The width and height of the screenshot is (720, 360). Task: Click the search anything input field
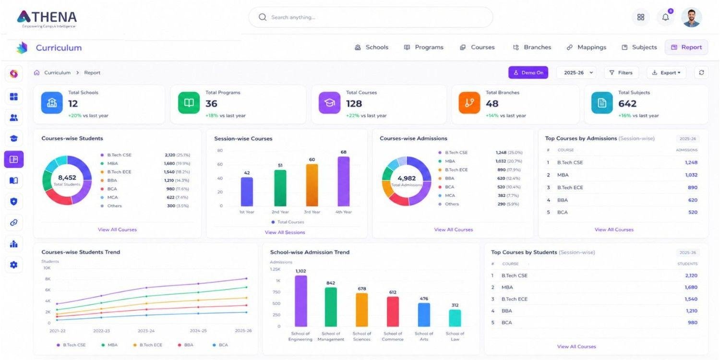pyautogui.click(x=371, y=17)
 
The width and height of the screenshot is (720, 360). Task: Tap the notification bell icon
pyautogui.click(x=665, y=17)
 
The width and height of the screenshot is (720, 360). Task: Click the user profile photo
pyautogui.click(x=691, y=17)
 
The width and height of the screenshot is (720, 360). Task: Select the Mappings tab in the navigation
pyautogui.click(x=586, y=47)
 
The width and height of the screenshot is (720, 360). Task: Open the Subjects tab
pyautogui.click(x=639, y=47)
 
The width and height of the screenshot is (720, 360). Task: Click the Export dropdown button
pyautogui.click(x=666, y=72)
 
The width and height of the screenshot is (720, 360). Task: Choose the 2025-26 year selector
pyautogui.click(x=576, y=72)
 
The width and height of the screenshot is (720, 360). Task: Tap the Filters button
pyautogui.click(x=621, y=72)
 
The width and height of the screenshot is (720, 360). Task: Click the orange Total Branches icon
pyautogui.click(x=469, y=103)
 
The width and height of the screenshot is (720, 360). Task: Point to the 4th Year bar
pyautogui.click(x=344, y=181)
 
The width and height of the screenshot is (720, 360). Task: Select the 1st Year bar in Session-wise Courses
pyautogui.click(x=247, y=192)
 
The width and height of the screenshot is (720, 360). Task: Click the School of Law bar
pyautogui.click(x=455, y=318)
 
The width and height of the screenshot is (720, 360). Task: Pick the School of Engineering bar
pyautogui.click(x=301, y=301)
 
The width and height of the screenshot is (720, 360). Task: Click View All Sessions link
pyautogui.click(x=285, y=232)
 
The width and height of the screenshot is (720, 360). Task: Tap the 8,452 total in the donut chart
pyautogui.click(x=67, y=178)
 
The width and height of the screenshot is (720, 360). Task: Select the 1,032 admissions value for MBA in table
pyautogui.click(x=691, y=175)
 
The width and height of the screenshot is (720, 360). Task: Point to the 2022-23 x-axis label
pyautogui.click(x=102, y=331)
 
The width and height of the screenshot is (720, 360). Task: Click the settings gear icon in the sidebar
pyautogui.click(x=14, y=265)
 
